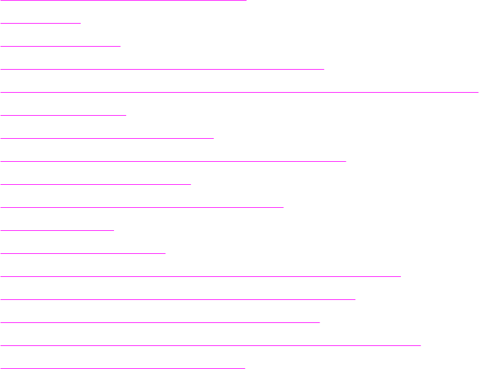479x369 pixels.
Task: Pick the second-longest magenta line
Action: pos(211,345)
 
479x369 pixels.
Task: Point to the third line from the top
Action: pos(61,45)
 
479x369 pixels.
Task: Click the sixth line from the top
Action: pos(64,114)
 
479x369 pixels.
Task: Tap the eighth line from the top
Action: pos(173,161)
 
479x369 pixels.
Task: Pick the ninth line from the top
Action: pos(96,184)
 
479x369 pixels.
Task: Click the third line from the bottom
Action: pos(160,322)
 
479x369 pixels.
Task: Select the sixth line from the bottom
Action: pos(83,253)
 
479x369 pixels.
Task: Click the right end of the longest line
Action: pos(478,91)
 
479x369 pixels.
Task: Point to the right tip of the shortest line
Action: pos(81,22)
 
